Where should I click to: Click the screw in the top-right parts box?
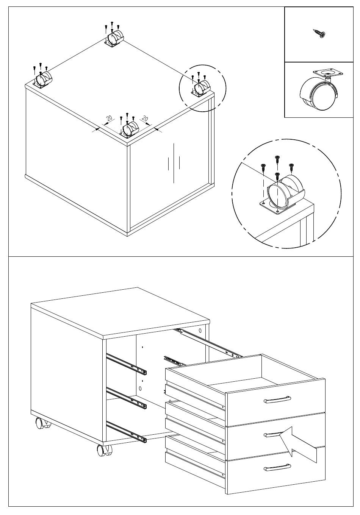click(x=319, y=34)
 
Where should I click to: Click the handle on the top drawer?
click(x=277, y=400)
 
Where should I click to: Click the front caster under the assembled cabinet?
click(x=104, y=450)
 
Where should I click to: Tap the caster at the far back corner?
click(x=115, y=39)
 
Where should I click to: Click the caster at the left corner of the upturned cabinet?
click(x=43, y=79)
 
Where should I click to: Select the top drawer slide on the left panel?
click(x=127, y=362)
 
